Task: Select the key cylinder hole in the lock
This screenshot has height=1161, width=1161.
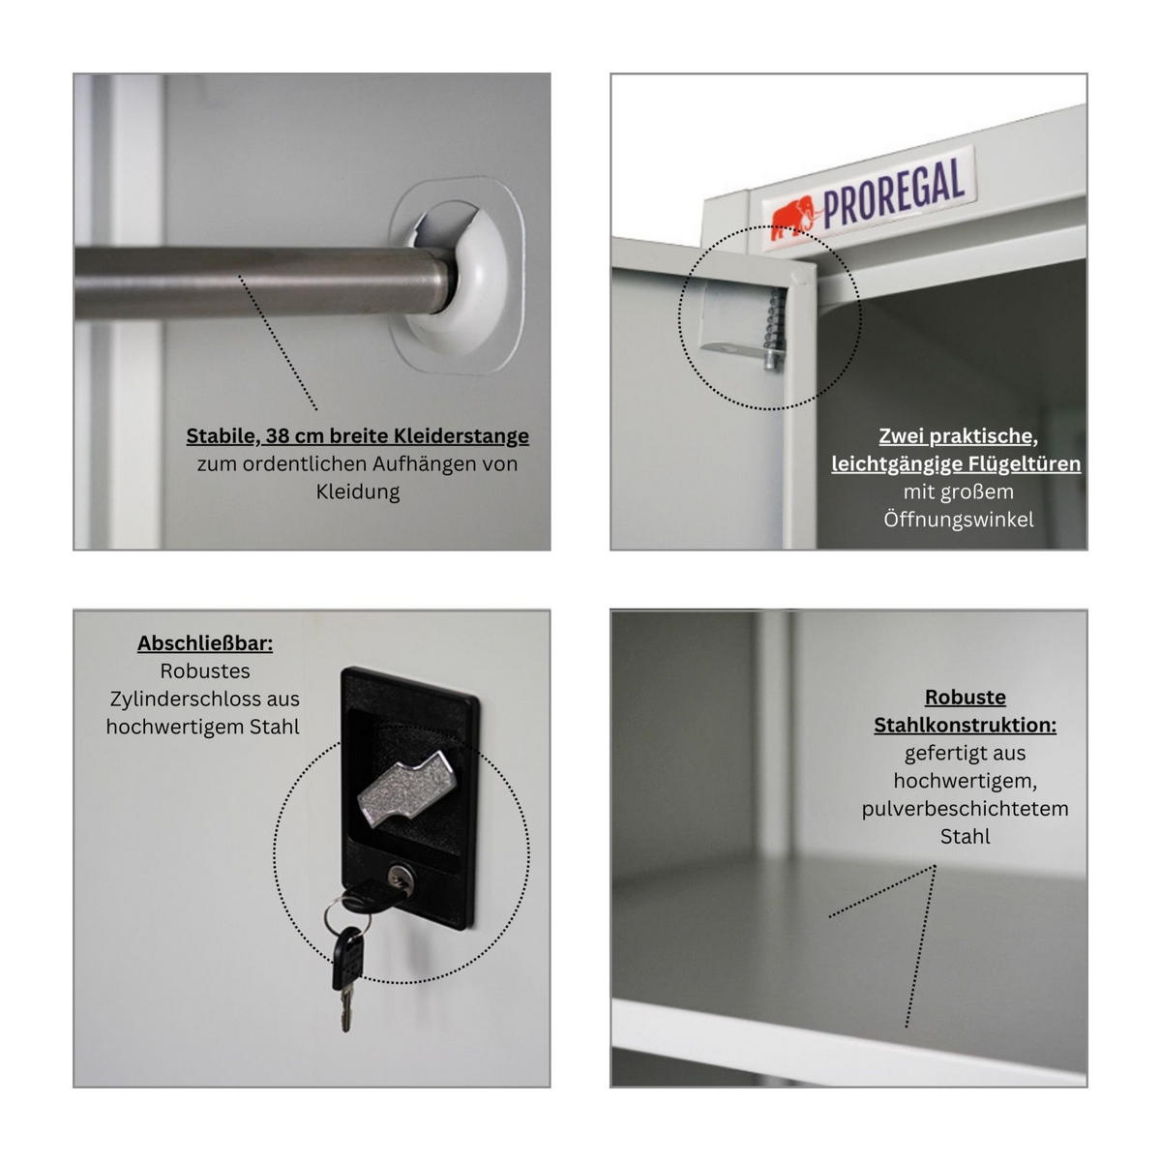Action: coord(400,877)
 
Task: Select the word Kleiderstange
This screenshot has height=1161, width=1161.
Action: coord(462,436)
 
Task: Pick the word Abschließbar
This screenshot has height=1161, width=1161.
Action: coord(205,643)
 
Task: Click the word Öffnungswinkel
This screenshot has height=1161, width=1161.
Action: coord(958,520)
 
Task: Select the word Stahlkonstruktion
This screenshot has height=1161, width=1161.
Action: coord(965,725)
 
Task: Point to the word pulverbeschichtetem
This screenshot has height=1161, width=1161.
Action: coord(965,808)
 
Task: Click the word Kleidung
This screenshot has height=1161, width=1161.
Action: coord(357,491)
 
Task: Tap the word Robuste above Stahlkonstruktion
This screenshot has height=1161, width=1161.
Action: coord(965,697)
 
